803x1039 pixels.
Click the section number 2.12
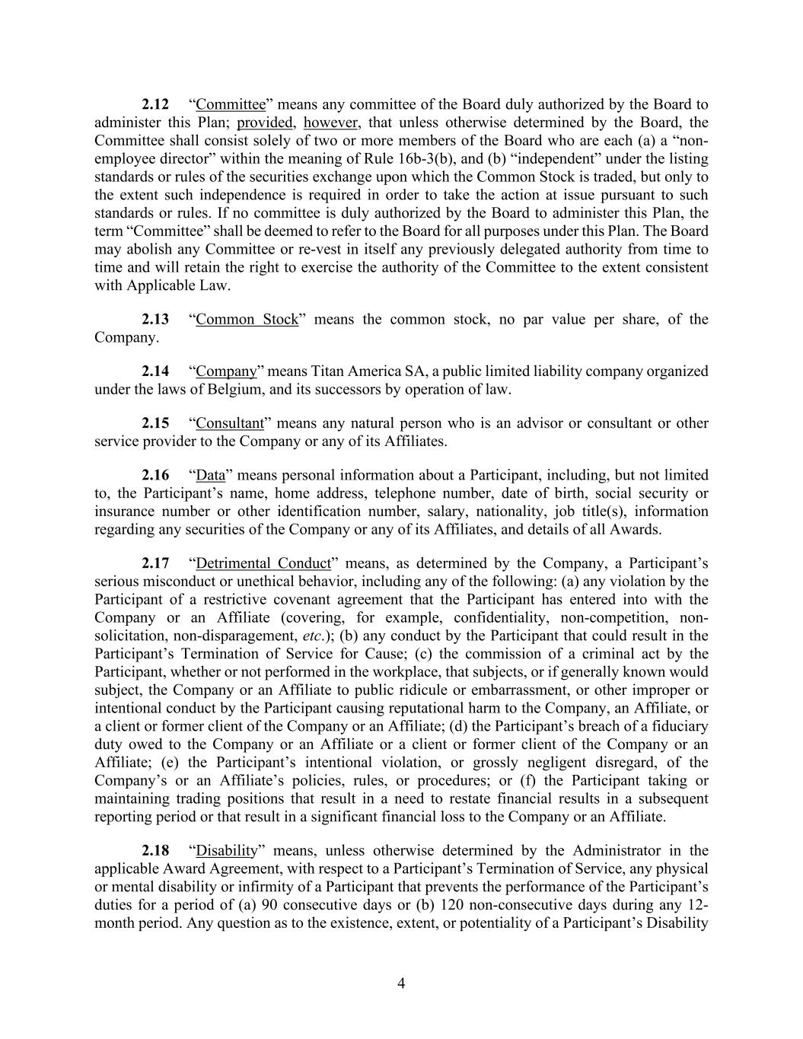(155, 104)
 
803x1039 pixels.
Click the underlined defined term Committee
(231, 104)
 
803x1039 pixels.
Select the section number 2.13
(155, 319)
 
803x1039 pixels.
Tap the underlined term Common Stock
(247, 319)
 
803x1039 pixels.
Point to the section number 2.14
(155, 371)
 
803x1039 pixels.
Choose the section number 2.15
(155, 423)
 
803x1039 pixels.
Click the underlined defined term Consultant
(230, 423)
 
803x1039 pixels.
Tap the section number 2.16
(155, 475)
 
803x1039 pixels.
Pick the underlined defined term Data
(211, 475)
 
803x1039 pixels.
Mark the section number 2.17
(155, 563)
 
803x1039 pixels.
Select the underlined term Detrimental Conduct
(263, 563)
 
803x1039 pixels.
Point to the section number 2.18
(155, 851)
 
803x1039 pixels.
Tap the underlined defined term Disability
(227, 851)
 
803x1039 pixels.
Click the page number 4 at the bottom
(401, 983)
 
